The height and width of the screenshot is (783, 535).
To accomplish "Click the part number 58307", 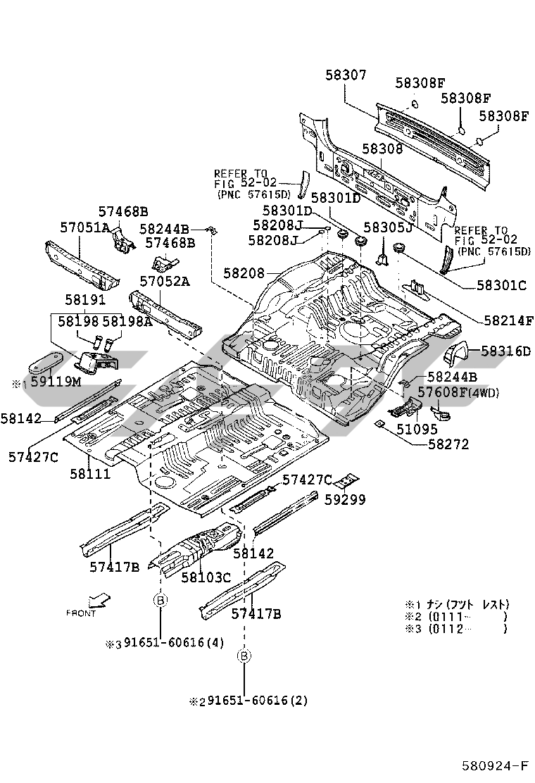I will (346, 75).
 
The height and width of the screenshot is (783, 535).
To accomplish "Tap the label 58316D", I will (505, 351).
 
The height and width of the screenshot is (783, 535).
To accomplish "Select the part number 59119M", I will (54, 382).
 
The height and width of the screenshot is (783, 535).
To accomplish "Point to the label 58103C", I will (206, 577).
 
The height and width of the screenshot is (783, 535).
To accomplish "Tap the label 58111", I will (89, 474).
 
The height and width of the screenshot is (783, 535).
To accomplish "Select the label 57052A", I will (165, 281).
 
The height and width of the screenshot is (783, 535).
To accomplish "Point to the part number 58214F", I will (508, 320).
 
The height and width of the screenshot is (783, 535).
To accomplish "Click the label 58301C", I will (502, 285).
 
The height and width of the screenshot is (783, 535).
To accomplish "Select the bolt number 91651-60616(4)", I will (174, 644).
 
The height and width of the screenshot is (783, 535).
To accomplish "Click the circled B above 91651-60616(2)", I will (244, 656).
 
